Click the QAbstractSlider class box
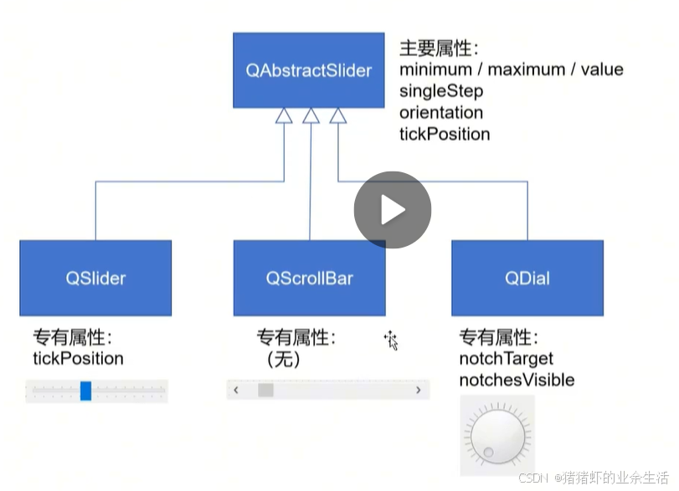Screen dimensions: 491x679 (x=308, y=70)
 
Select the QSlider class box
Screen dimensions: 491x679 (x=95, y=278)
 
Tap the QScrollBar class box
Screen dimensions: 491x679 (x=310, y=278)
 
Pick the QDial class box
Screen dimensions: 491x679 (x=527, y=278)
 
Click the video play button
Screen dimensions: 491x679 (x=392, y=210)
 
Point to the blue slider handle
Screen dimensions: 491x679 (x=85, y=391)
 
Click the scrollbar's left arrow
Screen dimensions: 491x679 (x=237, y=390)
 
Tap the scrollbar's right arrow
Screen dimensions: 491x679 (x=419, y=390)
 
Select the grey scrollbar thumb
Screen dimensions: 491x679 (x=265, y=390)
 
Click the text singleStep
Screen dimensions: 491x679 (x=441, y=91)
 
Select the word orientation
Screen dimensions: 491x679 (x=441, y=112)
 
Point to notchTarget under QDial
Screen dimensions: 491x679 (x=507, y=358)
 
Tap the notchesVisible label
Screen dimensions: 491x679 (x=517, y=380)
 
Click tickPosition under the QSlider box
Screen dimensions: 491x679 (x=78, y=358)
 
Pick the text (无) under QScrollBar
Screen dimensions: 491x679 (x=283, y=359)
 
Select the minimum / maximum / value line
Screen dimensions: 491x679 (x=512, y=69)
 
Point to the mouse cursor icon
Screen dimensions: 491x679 (x=391, y=340)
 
